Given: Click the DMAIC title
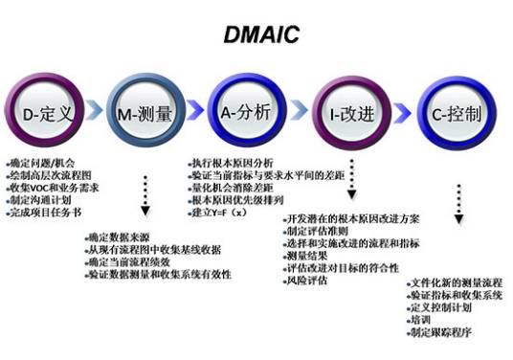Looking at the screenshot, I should tap(256, 37).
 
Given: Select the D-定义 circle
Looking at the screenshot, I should tap(46, 115).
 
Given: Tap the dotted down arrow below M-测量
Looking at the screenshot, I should tap(146, 191).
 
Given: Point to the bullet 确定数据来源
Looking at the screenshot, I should tap(115, 237).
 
